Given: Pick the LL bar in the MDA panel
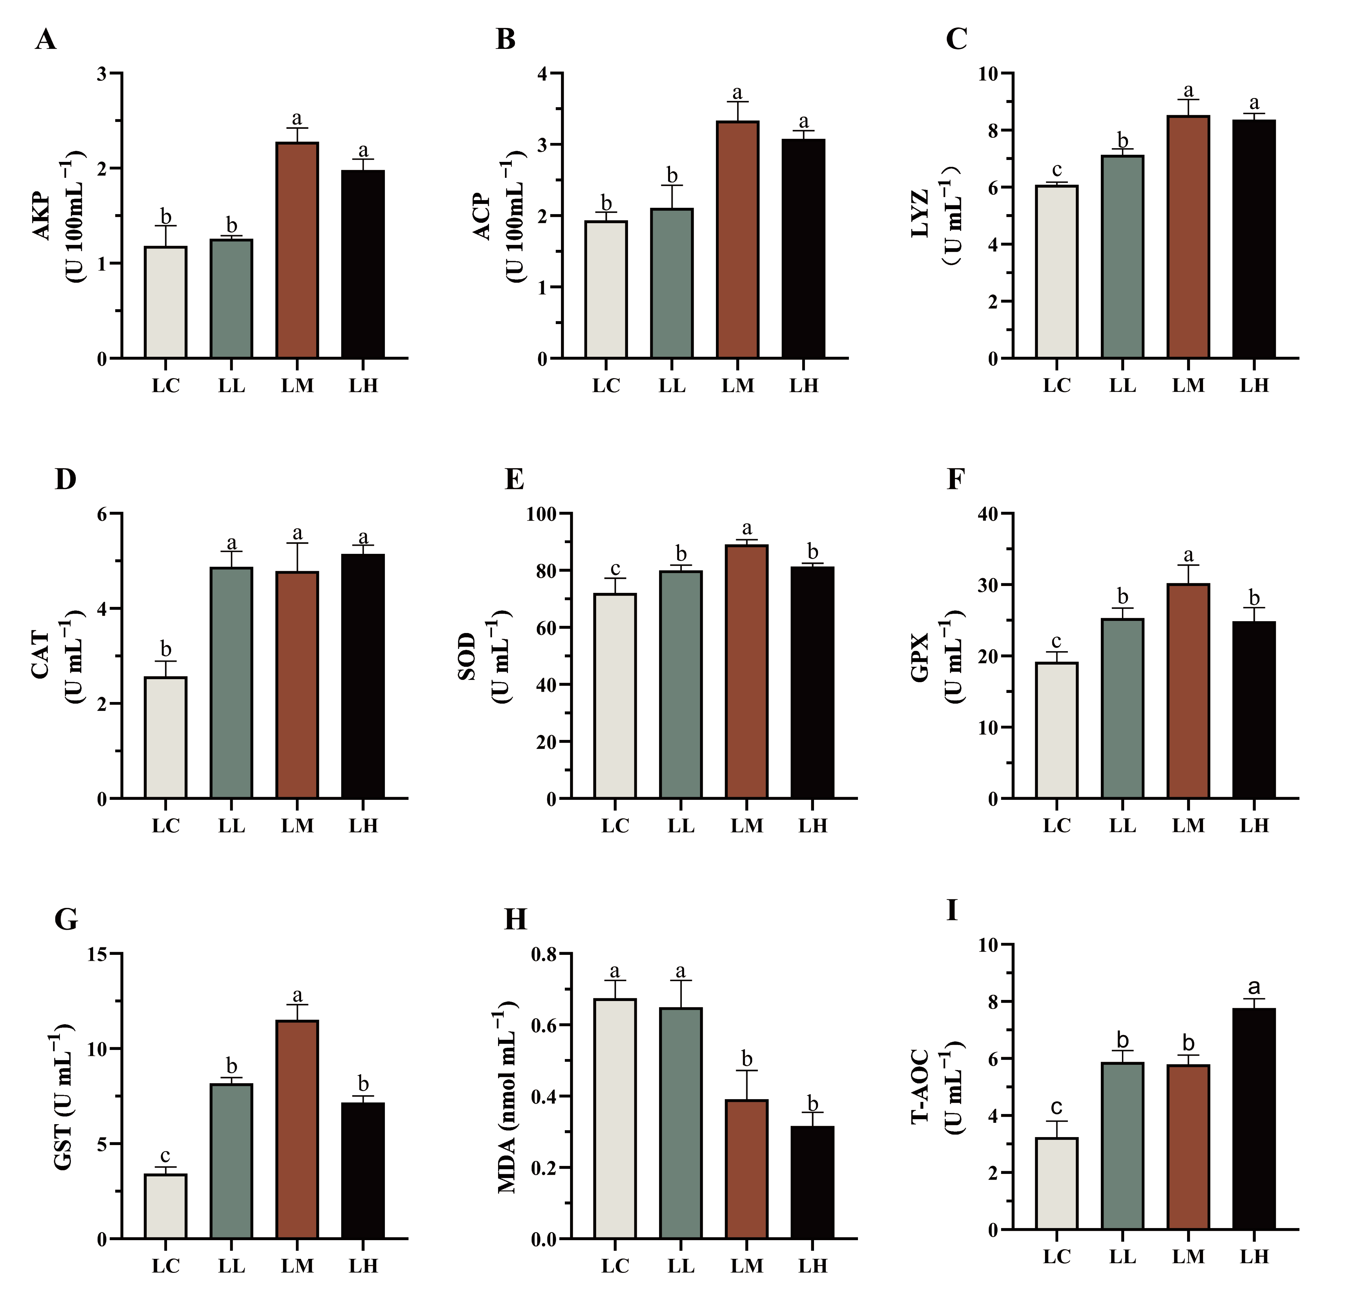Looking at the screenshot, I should [x=680, y=1123].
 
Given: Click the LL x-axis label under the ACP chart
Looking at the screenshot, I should [x=672, y=386].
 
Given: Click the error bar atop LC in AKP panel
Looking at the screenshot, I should [x=166, y=236].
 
